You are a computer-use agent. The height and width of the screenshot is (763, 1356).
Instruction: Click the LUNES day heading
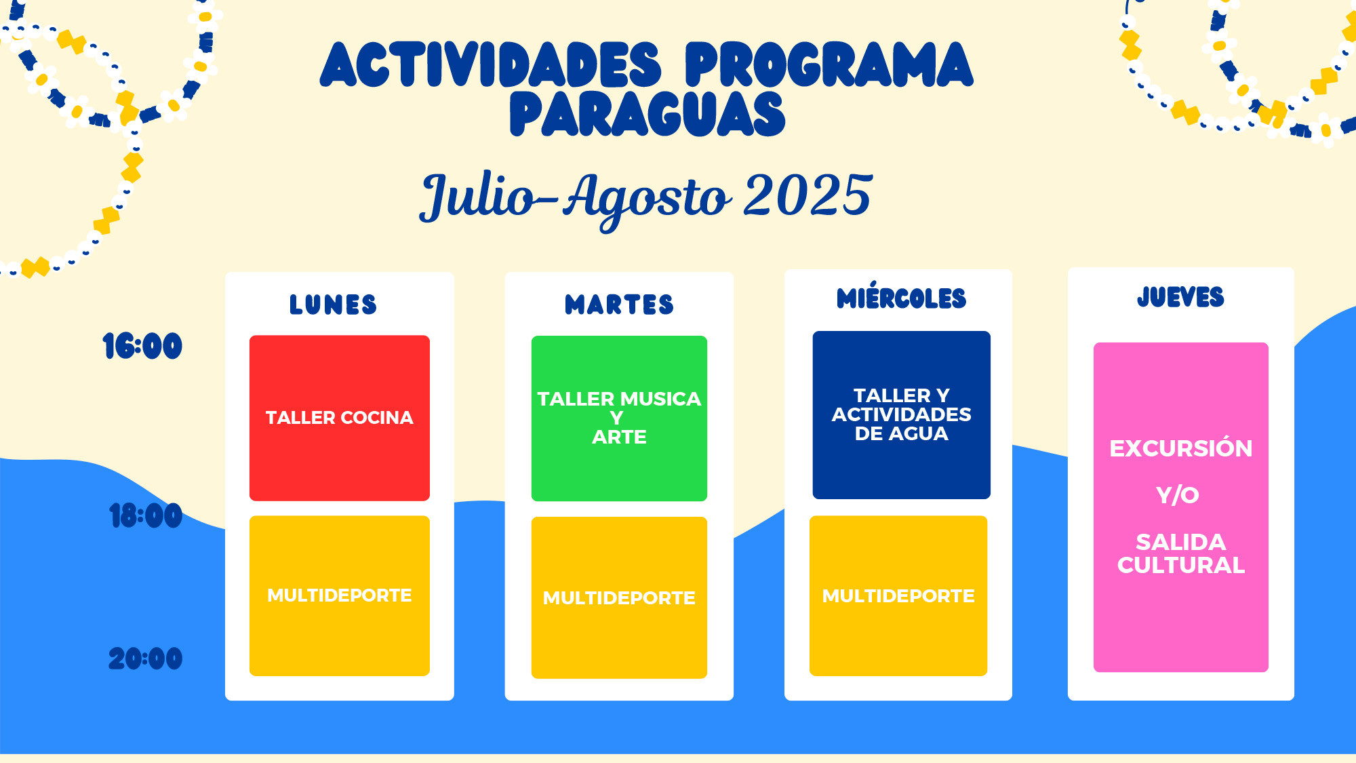coord(333,305)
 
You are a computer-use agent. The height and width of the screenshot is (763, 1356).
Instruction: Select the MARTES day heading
coord(619,305)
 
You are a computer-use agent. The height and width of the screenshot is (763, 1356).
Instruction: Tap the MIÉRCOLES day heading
coord(901,296)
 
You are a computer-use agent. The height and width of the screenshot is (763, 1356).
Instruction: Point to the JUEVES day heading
coord(1180,296)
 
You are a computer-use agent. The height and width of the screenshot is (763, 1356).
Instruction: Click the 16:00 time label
coord(142,346)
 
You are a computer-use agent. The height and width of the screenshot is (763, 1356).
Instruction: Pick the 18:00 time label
coord(146,515)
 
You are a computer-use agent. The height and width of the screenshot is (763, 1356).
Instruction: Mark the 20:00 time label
coord(145,658)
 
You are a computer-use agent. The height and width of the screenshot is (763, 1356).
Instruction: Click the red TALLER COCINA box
coord(340,418)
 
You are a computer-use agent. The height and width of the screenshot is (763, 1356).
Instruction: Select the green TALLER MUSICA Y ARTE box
coord(619,418)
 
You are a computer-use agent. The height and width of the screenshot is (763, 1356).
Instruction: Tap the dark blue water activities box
coord(902,415)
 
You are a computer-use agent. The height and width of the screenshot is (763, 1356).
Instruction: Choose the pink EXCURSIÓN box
coord(1181,507)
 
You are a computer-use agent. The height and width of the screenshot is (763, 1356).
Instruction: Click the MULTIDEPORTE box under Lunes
coord(340,595)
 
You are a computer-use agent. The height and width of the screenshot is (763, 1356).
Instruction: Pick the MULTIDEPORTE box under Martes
coord(619,598)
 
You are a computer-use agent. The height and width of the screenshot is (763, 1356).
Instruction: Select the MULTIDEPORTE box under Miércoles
coord(898,595)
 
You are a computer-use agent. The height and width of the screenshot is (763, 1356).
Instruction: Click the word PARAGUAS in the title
coord(647,114)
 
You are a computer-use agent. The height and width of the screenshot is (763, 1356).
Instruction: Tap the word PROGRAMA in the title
coord(829,64)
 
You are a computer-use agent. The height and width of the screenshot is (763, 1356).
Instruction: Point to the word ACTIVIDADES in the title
coord(490,64)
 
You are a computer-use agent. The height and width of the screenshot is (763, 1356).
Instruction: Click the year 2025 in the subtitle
coord(807,195)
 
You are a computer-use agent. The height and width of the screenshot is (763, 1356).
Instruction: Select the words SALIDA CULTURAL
coord(1181,553)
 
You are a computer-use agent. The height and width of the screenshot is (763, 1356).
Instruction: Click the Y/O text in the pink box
coord(1178,495)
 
